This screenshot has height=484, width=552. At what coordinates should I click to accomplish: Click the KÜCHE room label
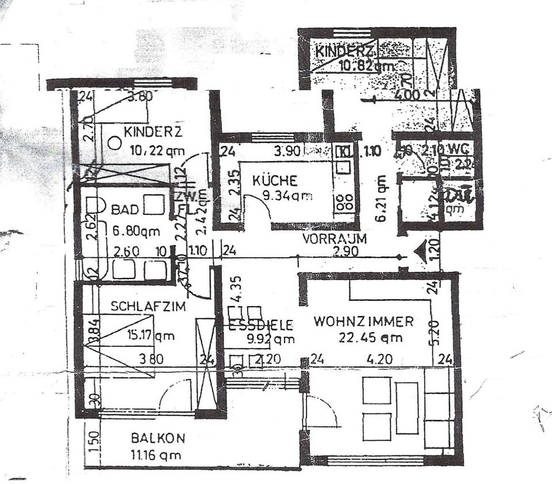point(275,181)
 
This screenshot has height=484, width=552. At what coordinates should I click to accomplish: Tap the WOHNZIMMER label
point(364,321)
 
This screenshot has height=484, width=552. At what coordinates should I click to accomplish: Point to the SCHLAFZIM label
point(148,307)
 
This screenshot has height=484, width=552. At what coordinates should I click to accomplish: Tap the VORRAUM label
point(335,239)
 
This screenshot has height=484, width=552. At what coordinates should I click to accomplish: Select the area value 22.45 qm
point(371,338)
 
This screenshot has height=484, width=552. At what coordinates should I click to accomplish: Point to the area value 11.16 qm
point(156,455)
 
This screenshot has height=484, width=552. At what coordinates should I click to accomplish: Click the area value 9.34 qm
point(287,196)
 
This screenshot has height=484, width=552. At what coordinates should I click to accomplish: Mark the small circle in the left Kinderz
point(115,142)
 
